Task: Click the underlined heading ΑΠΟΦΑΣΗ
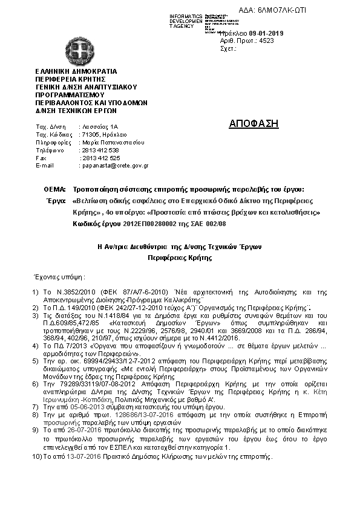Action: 254,124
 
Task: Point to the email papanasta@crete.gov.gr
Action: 114,165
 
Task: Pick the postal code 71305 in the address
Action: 88,134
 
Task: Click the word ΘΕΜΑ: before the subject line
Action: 55,189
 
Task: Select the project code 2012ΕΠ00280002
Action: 149,223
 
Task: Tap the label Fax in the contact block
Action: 41,158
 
